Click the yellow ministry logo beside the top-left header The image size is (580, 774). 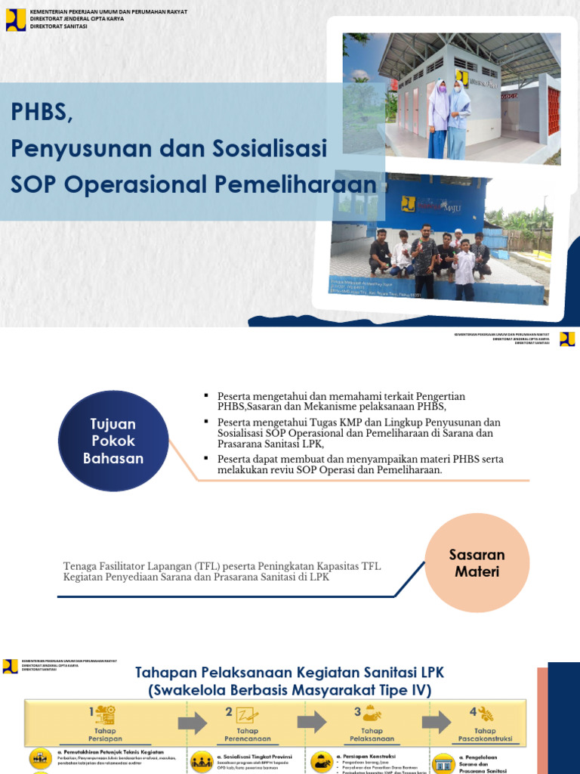pos(16,20)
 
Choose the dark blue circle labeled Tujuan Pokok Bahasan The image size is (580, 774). pos(113,441)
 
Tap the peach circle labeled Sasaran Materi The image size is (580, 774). pos(477,563)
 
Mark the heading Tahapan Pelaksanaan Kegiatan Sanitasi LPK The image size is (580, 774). pos(289,673)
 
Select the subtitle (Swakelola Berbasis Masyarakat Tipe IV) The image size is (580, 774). pos(289,690)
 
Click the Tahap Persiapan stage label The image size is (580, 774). pos(104,735)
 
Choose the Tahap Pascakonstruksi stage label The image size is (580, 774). pos(484,735)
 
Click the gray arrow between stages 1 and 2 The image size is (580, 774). pos(193,723)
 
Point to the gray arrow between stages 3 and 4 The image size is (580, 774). pos(436,723)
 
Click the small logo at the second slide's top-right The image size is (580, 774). pos(566,339)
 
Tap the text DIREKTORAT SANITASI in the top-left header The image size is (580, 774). pos(59,26)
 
